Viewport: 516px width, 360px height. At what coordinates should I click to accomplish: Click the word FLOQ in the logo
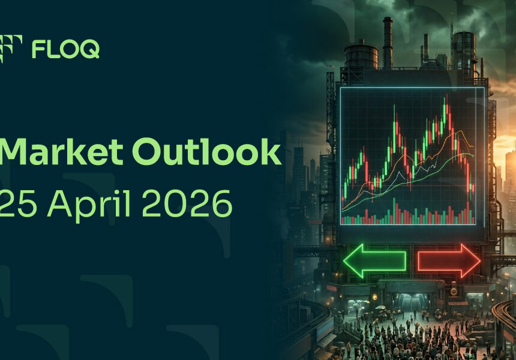(65, 49)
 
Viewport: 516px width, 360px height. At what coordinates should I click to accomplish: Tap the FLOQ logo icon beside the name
(11, 49)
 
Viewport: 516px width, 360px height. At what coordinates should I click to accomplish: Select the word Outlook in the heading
(206, 151)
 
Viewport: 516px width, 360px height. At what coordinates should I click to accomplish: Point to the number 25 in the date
(18, 203)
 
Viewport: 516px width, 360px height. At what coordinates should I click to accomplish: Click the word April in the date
(89, 206)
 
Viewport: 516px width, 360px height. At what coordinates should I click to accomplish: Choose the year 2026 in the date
(187, 203)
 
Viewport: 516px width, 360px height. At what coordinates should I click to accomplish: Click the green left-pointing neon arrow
(374, 261)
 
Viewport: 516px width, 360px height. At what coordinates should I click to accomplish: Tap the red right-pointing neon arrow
(449, 261)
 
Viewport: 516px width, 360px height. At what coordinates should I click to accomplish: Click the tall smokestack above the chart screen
(388, 43)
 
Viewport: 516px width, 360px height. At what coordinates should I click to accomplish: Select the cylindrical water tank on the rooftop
(361, 56)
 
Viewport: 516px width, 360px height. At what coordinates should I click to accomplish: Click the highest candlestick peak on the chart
(446, 95)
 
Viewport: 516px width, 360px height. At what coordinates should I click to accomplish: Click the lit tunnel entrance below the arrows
(412, 301)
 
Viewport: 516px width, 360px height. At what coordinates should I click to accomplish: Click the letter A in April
(60, 203)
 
